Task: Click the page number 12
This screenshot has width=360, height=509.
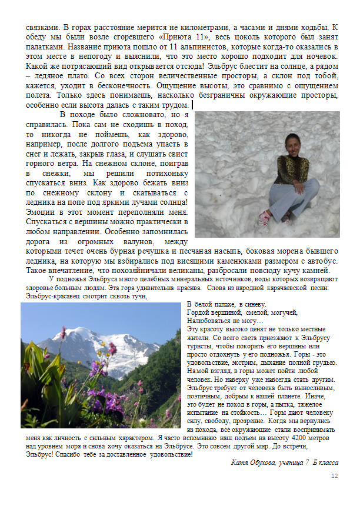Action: point(335,476)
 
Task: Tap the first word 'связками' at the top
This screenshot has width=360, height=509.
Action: point(42,27)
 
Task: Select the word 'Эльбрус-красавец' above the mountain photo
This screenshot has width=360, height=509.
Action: point(50,297)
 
